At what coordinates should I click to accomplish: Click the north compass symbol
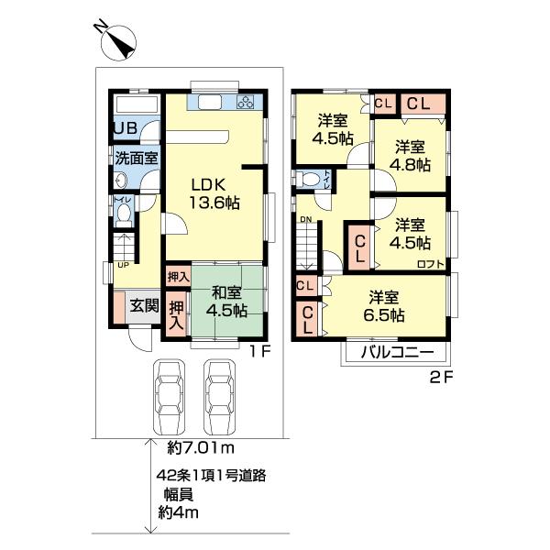tap(118, 41)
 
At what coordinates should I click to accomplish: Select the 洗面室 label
tap(137, 158)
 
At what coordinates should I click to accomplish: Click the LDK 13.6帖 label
tap(214, 193)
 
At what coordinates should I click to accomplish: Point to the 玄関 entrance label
tap(142, 306)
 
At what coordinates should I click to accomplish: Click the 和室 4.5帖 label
tap(226, 302)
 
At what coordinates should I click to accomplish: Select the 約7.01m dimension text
tap(203, 447)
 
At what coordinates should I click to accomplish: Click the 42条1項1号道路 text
tap(210, 477)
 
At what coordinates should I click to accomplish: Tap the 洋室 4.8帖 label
tap(411, 156)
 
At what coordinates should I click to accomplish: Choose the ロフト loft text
tap(429, 264)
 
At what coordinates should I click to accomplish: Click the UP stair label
tap(122, 266)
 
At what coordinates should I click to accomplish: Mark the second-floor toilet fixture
tap(311, 178)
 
